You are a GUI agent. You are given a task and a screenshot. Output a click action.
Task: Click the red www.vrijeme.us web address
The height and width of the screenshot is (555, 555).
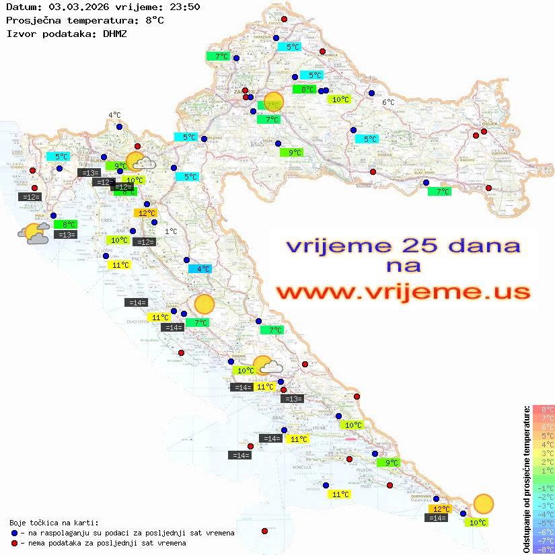tap(403, 292)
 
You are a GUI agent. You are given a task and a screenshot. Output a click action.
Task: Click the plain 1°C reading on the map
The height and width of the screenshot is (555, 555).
tap(172, 231)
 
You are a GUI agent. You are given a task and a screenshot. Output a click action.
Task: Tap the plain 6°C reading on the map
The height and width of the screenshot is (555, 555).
tap(388, 102)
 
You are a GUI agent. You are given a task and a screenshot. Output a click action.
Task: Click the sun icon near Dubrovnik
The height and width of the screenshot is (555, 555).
tap(483, 503)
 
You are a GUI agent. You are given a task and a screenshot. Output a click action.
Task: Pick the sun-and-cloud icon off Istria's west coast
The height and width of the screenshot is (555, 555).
tap(34, 233)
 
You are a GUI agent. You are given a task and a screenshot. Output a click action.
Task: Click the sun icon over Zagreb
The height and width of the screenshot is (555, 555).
tap(274, 102)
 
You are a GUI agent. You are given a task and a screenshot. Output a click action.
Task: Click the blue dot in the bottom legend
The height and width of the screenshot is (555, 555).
tap(15, 533)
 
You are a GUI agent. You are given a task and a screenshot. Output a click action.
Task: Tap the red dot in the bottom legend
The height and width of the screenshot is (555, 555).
tap(15, 543)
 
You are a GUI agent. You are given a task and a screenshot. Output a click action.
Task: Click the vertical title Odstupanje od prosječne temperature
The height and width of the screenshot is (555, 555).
tap(526, 478)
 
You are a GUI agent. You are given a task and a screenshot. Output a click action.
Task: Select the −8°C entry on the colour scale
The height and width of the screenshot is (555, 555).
tap(543, 549)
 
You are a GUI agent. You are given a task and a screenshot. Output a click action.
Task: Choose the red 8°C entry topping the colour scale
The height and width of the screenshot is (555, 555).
tap(543, 409)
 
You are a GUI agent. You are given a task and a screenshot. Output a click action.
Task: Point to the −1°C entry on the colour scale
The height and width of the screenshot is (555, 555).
tap(543, 488)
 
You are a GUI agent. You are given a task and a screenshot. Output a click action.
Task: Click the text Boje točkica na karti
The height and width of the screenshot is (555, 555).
tap(54, 522)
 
